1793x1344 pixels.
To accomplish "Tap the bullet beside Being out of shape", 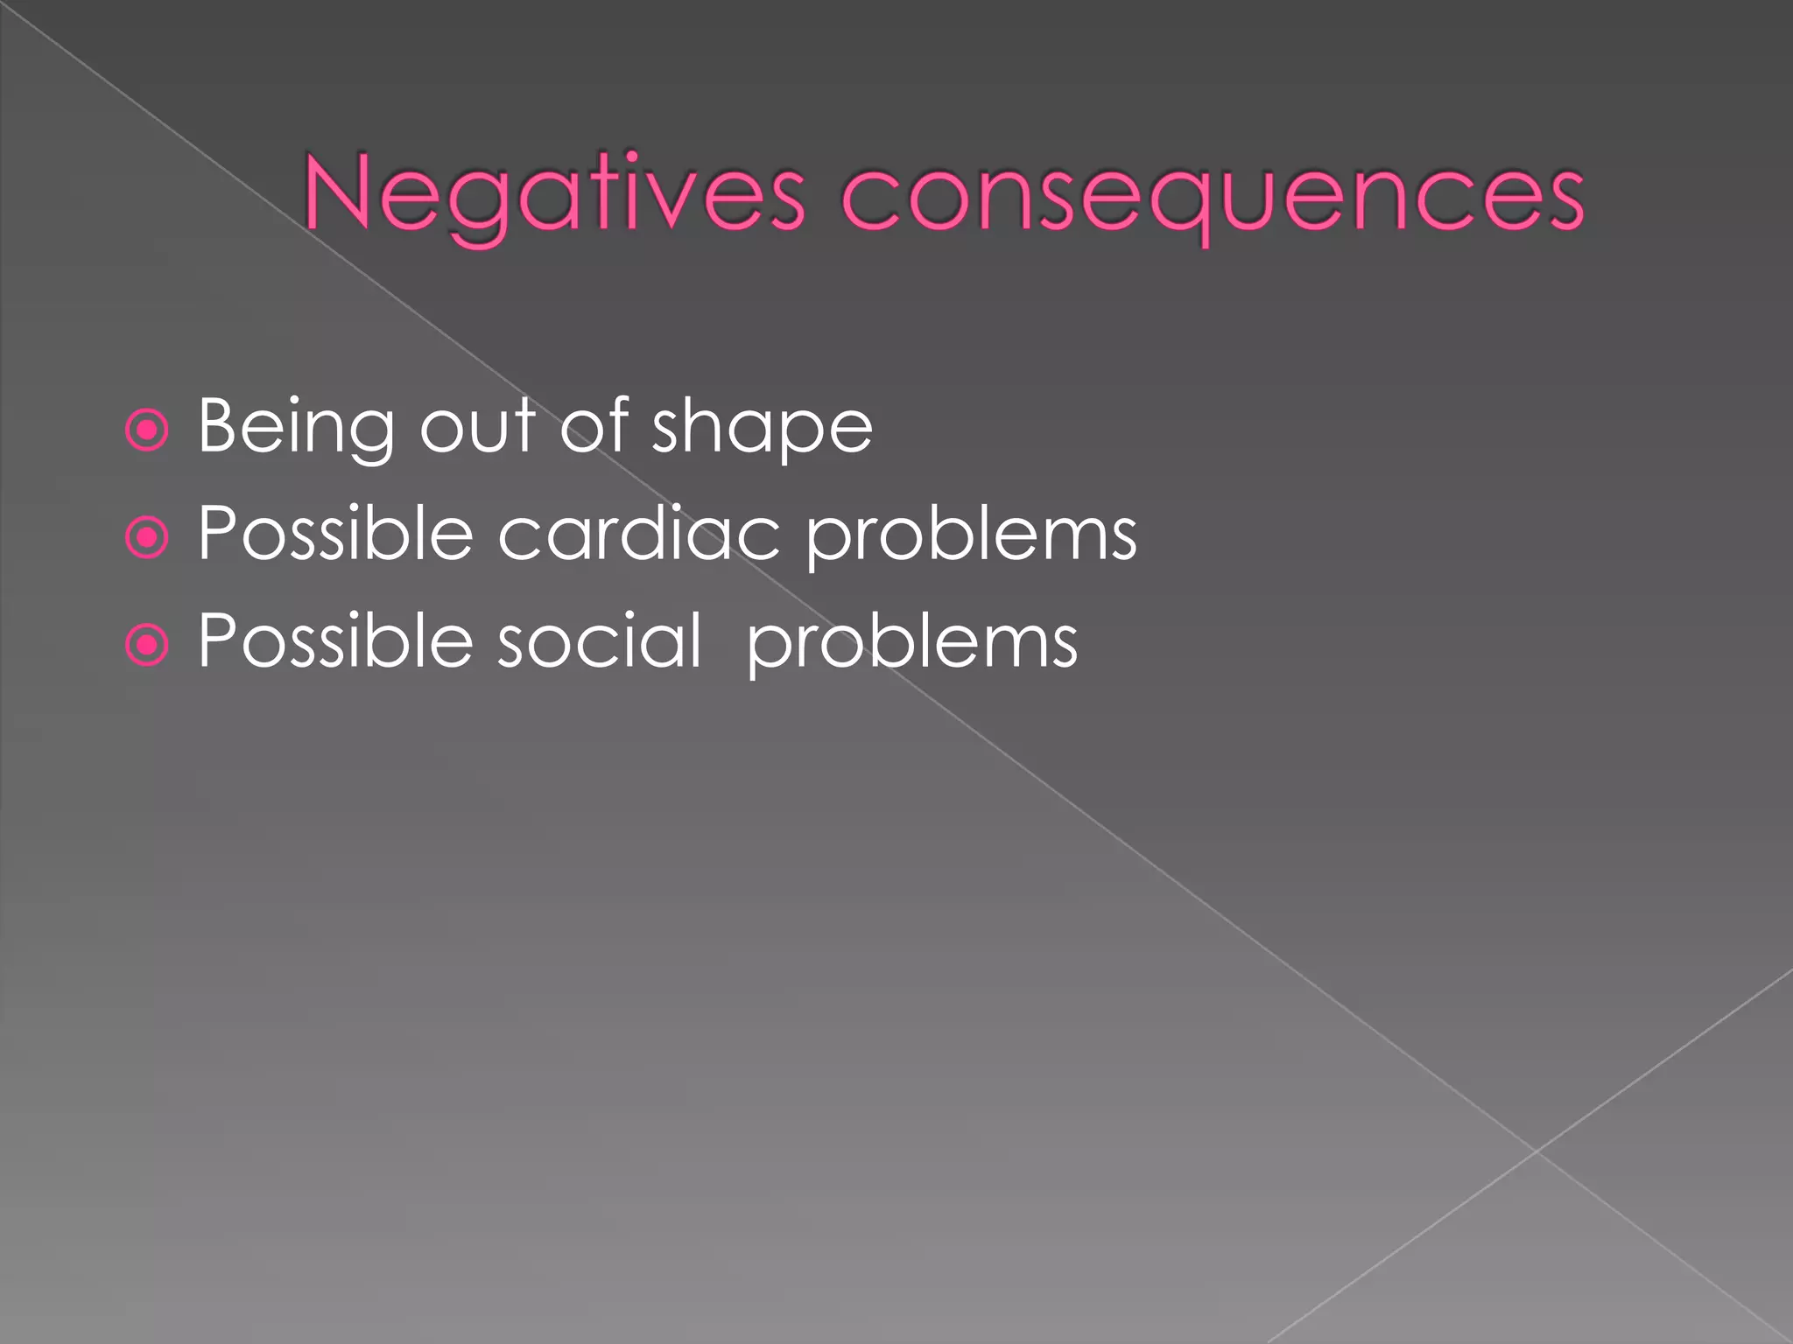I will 147,430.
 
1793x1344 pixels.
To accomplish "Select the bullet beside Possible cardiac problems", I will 147,537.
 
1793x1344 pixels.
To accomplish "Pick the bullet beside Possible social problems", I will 147,645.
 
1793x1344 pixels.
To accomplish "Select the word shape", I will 762,428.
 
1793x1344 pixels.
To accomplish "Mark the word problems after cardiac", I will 971,535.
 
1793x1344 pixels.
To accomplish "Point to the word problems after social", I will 911,644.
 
